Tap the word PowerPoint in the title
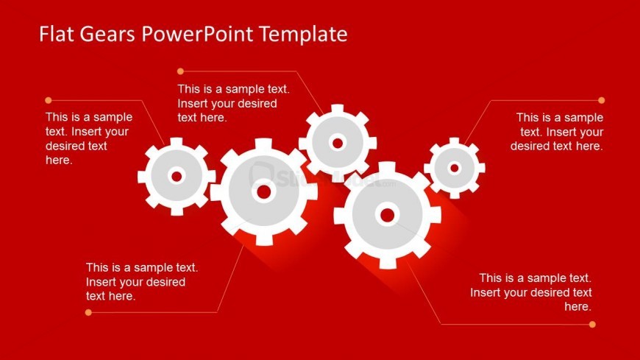tap(197, 34)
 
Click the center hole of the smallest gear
tap(455, 168)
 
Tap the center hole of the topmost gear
tap(338, 143)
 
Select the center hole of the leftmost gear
tap(177, 177)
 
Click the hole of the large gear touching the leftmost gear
tap(263, 191)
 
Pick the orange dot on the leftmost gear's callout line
tap(48, 100)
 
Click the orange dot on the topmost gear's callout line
tap(180, 71)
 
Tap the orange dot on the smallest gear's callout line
tap(601, 100)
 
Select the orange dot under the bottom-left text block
tap(88, 313)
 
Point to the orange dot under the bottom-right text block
tap(592, 325)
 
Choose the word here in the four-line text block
tap(59, 160)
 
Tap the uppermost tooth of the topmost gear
tap(338, 108)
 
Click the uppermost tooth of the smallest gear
tap(455, 141)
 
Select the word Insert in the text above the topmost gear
tap(191, 103)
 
